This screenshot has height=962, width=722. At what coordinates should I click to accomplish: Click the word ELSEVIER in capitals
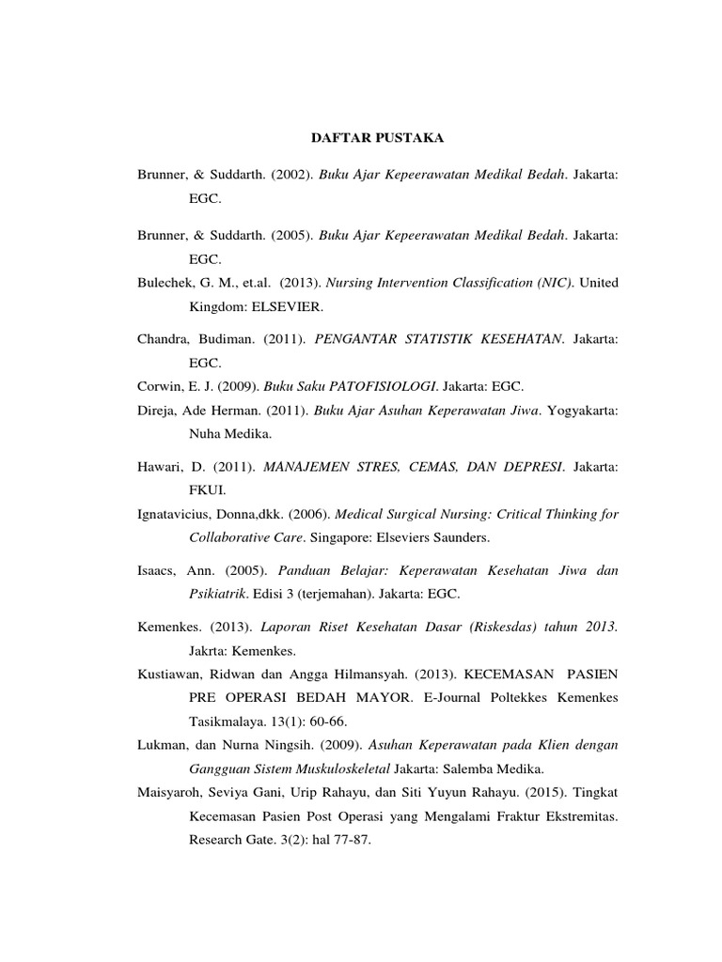284,306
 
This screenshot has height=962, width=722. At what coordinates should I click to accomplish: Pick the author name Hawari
160,466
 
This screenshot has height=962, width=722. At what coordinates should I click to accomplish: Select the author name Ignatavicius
176,514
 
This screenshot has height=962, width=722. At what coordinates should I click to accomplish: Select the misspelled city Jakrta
207,650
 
